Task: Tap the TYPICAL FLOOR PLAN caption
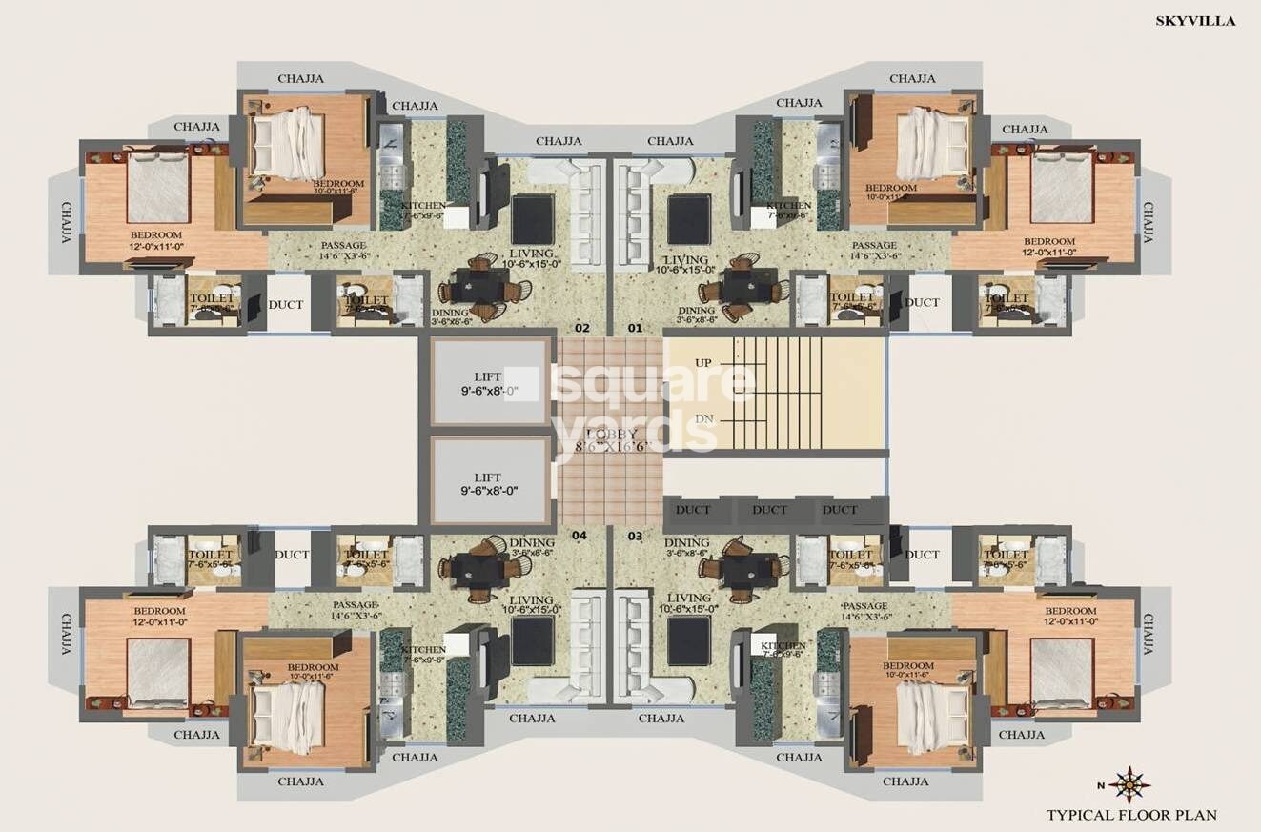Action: click(1131, 815)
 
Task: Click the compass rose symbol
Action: click(1129, 784)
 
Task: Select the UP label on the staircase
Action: click(702, 363)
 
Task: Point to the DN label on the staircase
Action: click(703, 419)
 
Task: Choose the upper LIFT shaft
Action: click(492, 383)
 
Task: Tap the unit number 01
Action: click(635, 329)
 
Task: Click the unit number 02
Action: click(583, 329)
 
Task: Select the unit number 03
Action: click(635, 535)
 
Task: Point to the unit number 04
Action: click(580, 535)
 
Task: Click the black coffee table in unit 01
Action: click(688, 219)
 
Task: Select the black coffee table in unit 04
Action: click(532, 640)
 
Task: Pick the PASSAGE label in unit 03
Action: click(864, 606)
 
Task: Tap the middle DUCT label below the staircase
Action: click(769, 510)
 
